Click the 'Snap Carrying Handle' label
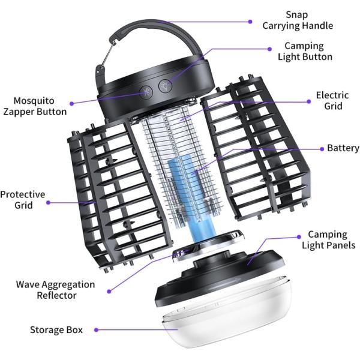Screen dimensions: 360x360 tap(298, 20)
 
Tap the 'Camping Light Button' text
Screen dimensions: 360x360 tap(304, 51)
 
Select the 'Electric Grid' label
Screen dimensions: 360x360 tap(329, 100)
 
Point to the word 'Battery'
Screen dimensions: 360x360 tap(343, 148)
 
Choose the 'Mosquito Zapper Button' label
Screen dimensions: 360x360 tap(35, 106)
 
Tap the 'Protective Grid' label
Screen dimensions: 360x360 tap(22, 200)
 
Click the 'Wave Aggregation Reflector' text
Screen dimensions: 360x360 tap(55, 290)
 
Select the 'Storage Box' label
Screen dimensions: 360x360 tap(56, 329)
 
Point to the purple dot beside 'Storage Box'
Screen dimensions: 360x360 tap(97, 329)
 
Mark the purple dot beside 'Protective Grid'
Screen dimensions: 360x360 tap(48, 202)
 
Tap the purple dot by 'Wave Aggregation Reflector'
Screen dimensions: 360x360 tap(109, 291)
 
